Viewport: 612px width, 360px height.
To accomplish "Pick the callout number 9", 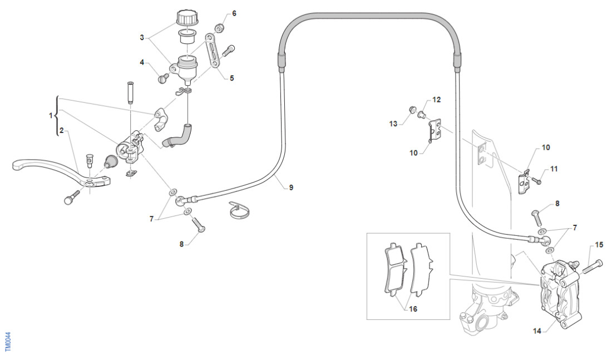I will (x=290, y=188).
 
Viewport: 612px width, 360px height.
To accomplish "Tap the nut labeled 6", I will (x=220, y=27).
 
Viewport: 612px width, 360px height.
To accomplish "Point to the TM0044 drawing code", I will (x=8, y=341).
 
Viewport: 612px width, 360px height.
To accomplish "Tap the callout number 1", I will (x=51, y=116).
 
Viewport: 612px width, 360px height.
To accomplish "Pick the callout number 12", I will (x=437, y=100).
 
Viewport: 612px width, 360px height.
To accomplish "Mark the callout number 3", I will (x=142, y=38).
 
